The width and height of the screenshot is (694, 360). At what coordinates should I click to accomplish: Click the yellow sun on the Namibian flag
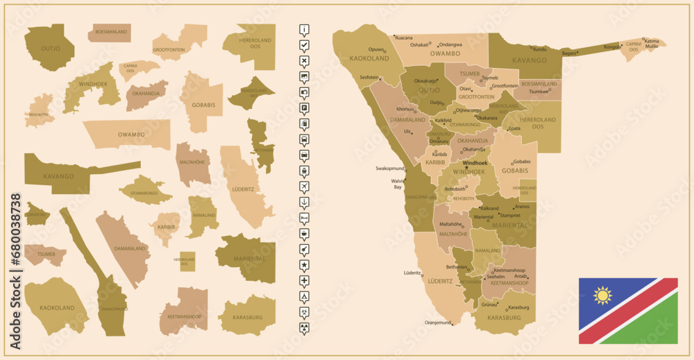[x=602, y=296]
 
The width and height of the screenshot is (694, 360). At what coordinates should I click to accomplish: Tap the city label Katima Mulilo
[x=652, y=43]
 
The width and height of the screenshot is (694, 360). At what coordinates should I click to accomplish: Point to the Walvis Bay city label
[x=398, y=184]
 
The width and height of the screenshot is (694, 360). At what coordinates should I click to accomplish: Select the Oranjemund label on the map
[x=437, y=323]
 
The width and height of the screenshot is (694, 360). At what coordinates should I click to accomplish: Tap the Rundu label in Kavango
[x=539, y=49]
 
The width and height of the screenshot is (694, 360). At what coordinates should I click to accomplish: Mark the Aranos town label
[x=523, y=207]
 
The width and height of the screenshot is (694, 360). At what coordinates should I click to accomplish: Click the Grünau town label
[x=490, y=305]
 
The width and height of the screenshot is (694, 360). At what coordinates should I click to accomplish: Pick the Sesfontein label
[x=369, y=77]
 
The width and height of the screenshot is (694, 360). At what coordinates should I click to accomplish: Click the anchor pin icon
[x=304, y=202]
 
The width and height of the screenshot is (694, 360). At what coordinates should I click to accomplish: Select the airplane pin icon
[x=304, y=187]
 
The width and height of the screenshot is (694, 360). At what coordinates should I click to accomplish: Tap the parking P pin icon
[x=304, y=108]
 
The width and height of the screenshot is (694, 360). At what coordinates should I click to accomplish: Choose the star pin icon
[x=304, y=265]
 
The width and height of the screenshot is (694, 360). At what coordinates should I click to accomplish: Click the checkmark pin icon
[x=304, y=45]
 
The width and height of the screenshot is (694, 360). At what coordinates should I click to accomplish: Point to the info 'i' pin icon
[x=304, y=29]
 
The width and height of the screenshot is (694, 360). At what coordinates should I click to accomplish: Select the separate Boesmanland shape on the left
[x=109, y=33]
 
